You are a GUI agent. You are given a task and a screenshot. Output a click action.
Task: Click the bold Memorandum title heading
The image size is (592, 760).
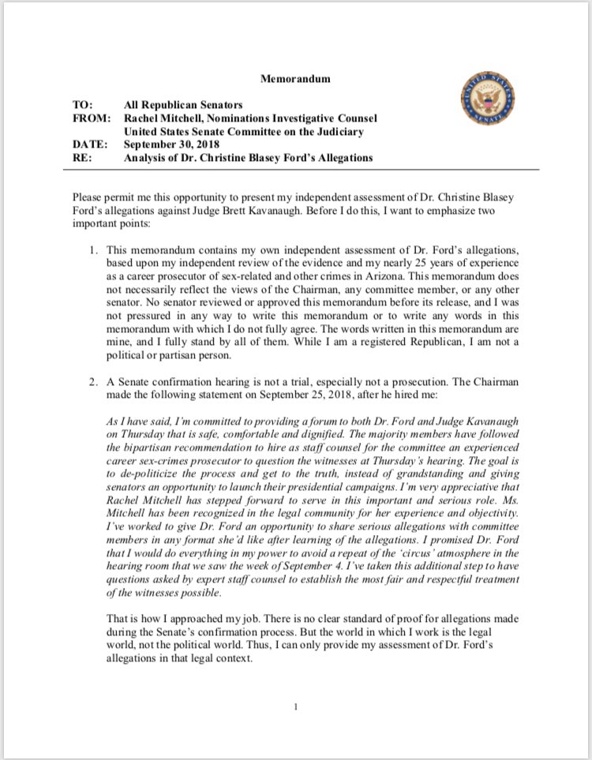[x=295, y=79]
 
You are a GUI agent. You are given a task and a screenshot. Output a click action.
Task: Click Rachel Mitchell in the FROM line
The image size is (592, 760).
[x=163, y=118]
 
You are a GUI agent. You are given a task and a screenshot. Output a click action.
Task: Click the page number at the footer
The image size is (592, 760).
[x=296, y=706]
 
